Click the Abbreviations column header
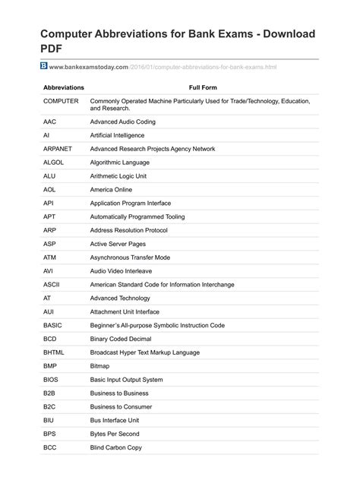point(64,87)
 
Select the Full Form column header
point(203,87)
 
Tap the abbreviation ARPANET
point(58,149)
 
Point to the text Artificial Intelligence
point(117,135)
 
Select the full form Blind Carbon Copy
point(116,448)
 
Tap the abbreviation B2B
point(50,393)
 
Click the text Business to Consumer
point(120,407)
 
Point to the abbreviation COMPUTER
point(60,101)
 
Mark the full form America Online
point(111,189)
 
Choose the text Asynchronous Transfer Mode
point(130,257)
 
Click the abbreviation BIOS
point(50,380)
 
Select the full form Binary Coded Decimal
point(121,339)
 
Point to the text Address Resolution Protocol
point(128,230)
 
